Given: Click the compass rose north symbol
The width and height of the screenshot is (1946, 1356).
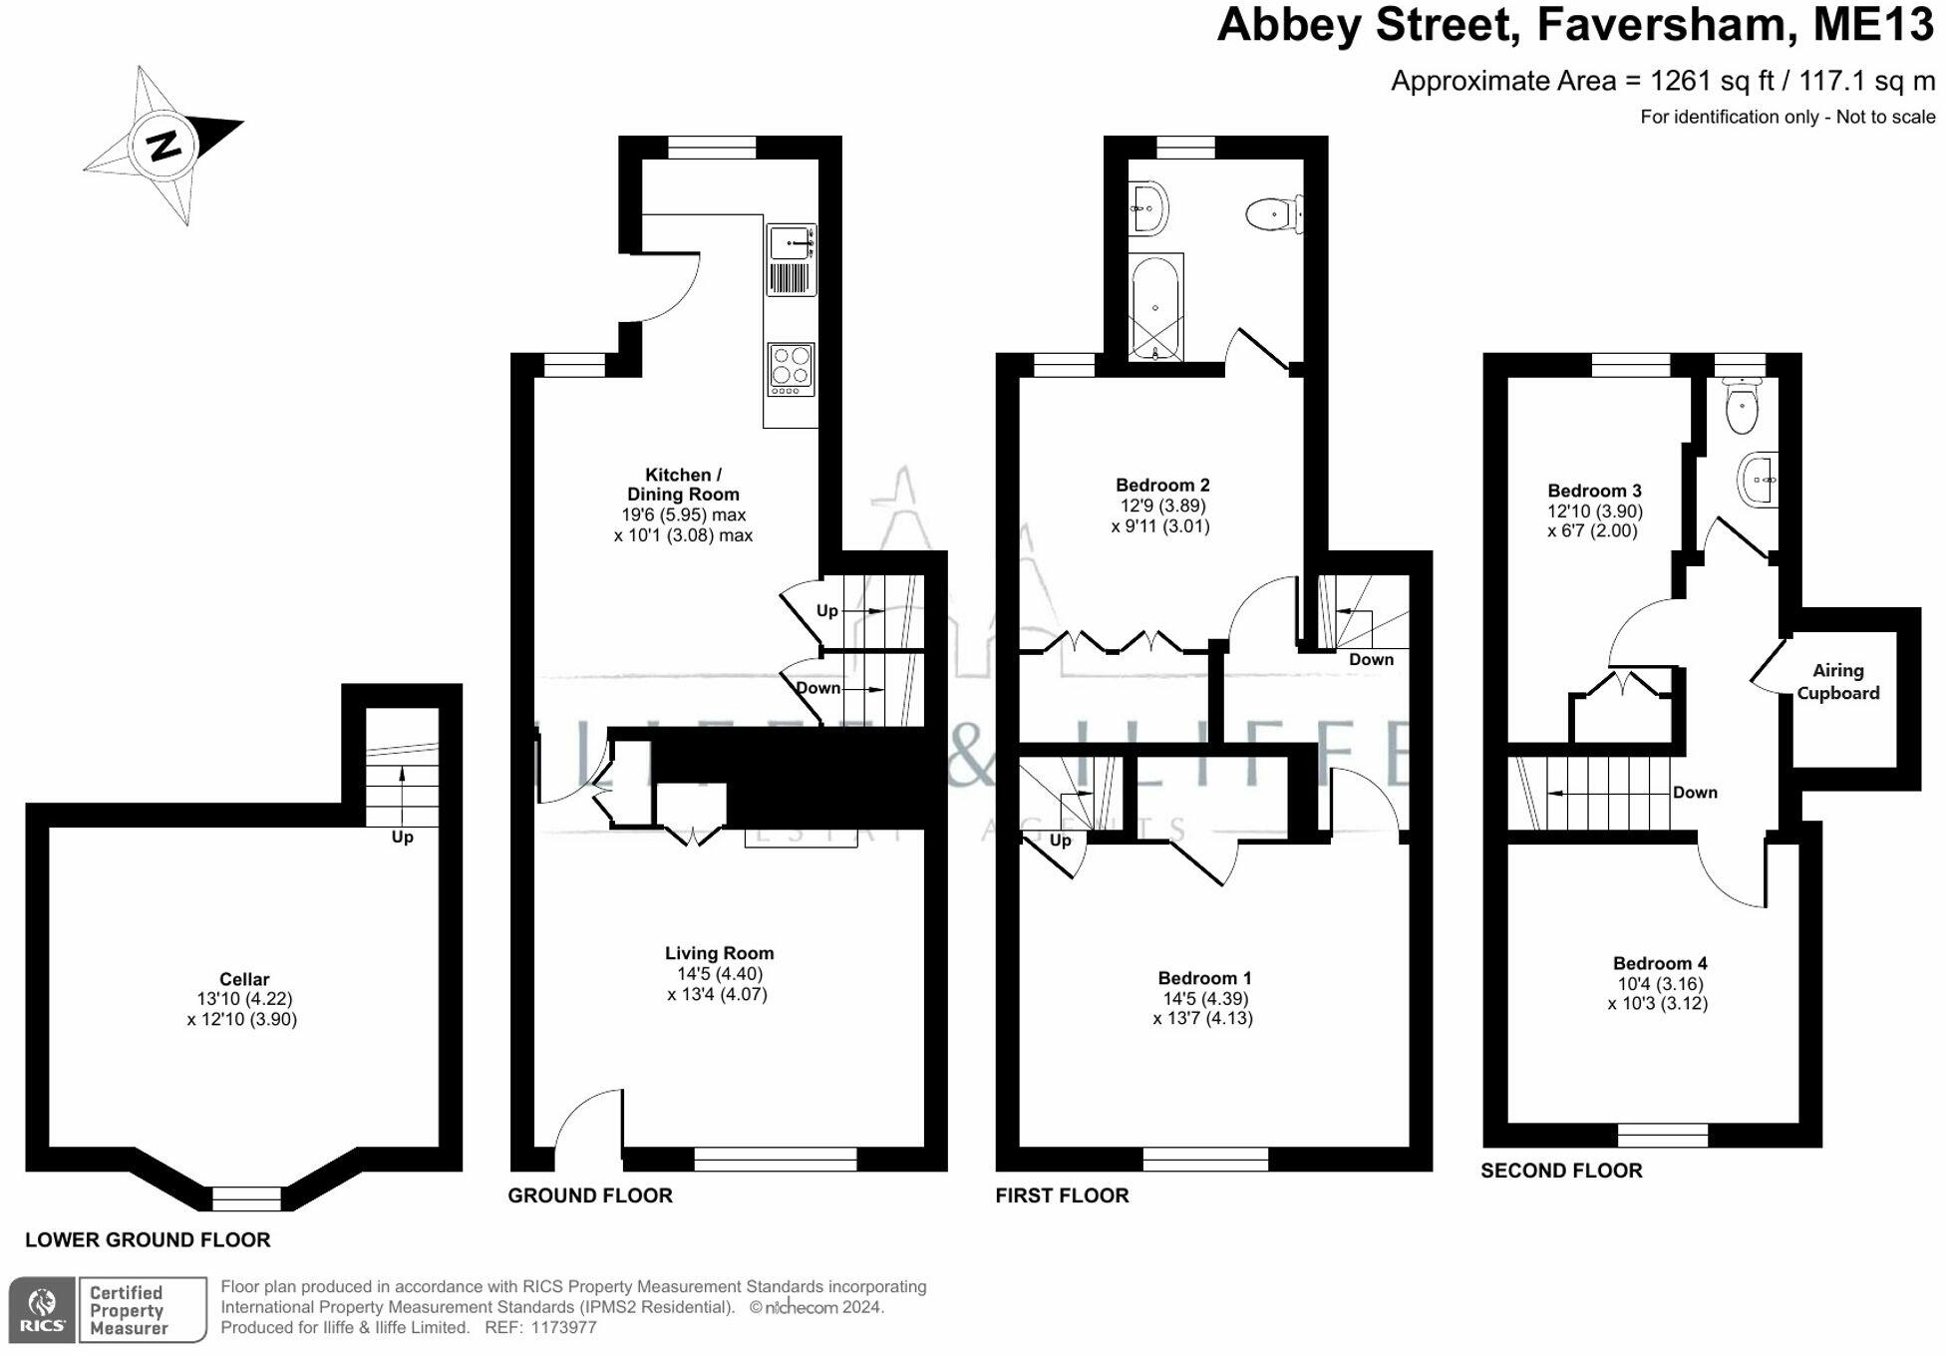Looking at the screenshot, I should (162, 146).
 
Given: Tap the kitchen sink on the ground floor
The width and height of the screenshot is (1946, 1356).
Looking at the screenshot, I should (791, 242).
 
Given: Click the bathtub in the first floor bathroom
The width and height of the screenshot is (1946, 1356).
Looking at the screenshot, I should (1155, 307).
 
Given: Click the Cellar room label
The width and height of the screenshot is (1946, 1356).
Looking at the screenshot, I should (244, 979).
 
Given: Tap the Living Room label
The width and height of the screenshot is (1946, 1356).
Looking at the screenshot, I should (719, 953).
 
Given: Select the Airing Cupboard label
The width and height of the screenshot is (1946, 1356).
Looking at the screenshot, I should (1837, 682).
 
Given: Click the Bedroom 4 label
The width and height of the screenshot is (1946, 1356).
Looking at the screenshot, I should (1660, 963).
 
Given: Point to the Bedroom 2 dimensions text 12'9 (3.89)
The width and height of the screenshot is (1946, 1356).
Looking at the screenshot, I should (1162, 506).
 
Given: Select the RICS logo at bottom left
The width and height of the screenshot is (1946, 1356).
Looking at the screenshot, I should (43, 1309).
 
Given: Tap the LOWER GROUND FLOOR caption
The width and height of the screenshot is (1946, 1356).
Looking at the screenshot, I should (148, 1240).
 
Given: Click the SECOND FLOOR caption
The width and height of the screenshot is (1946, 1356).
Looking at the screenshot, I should (1561, 1171).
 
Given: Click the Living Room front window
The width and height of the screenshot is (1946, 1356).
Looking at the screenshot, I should (775, 1159).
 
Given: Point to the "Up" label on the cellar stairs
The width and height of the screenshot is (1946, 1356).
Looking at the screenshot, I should (402, 837).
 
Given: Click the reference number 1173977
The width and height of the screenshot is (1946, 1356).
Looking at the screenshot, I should (564, 1328).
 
